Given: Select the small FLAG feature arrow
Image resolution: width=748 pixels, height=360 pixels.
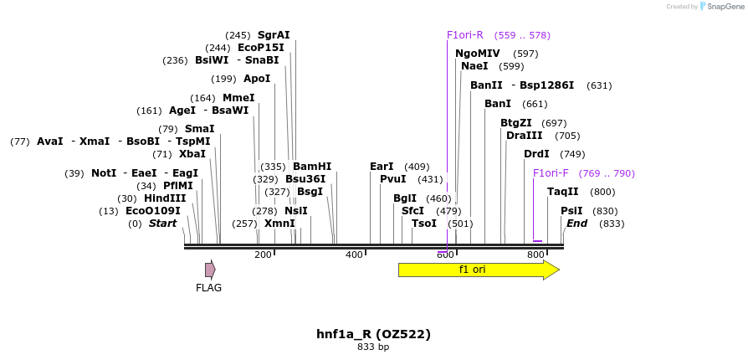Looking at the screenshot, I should click(x=210, y=270).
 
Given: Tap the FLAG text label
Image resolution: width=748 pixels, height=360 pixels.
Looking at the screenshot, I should click(x=209, y=288).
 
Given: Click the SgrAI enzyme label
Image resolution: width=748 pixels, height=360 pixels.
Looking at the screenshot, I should click(x=274, y=35).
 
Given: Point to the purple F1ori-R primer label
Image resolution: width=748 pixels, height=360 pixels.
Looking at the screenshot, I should click(x=465, y=35).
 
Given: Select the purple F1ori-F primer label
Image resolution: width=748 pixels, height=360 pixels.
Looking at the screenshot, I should click(x=551, y=173).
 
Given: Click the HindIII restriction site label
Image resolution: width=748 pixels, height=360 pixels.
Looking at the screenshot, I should click(x=165, y=198).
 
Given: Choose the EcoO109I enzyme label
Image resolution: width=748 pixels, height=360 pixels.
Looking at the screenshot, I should click(x=152, y=211).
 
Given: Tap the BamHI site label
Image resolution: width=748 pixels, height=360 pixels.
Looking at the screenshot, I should click(x=312, y=167).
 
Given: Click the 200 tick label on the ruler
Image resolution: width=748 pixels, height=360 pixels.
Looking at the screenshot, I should click(x=263, y=255).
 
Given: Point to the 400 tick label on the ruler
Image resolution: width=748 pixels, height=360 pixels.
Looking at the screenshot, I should click(x=354, y=255).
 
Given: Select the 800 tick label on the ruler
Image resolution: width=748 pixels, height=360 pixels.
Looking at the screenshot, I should click(x=535, y=255).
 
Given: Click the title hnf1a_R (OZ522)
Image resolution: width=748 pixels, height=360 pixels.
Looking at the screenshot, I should click(x=373, y=334).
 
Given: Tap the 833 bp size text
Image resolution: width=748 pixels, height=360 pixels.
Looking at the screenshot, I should click(x=373, y=347).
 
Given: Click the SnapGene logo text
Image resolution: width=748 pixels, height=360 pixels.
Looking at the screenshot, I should click(x=725, y=7).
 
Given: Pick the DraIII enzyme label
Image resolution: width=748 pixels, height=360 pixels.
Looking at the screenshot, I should click(x=525, y=136).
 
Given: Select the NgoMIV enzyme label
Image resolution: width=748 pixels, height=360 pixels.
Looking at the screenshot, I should click(x=478, y=54).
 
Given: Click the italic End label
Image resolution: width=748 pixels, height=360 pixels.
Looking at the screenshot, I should click(x=576, y=224).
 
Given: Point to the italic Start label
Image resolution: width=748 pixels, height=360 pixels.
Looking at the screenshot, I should click(x=163, y=224).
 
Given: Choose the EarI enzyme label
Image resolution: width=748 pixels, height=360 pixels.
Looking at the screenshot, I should click(x=382, y=167).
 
